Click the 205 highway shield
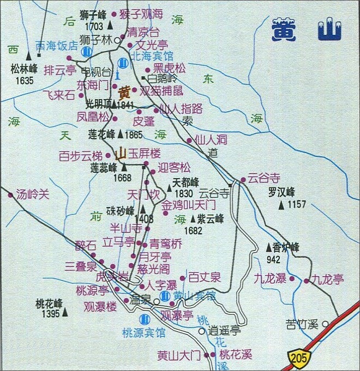point(297,358)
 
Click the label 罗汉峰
point(281,192)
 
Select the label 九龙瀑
point(270,279)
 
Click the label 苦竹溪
point(301,325)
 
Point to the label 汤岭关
point(33,193)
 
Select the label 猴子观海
point(140,15)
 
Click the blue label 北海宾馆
point(153,56)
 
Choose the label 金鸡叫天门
point(189,206)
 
